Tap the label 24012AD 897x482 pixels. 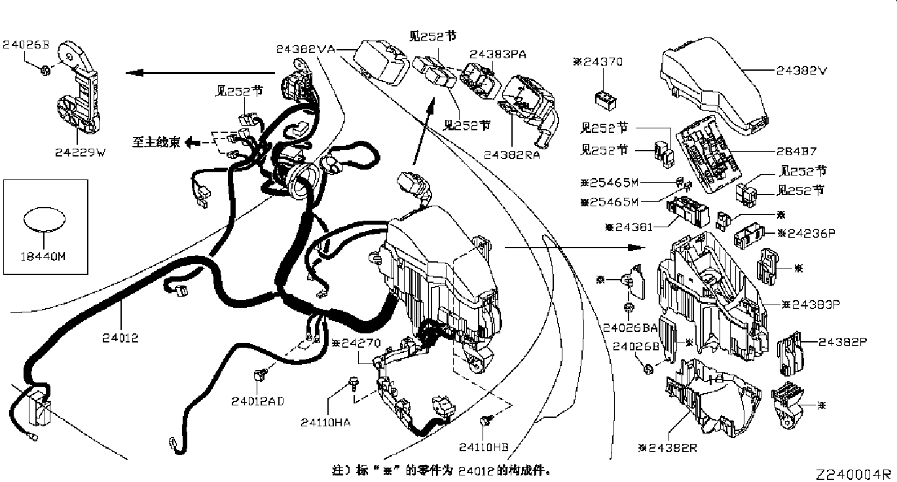[x=257, y=400]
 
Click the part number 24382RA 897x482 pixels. [x=511, y=155]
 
